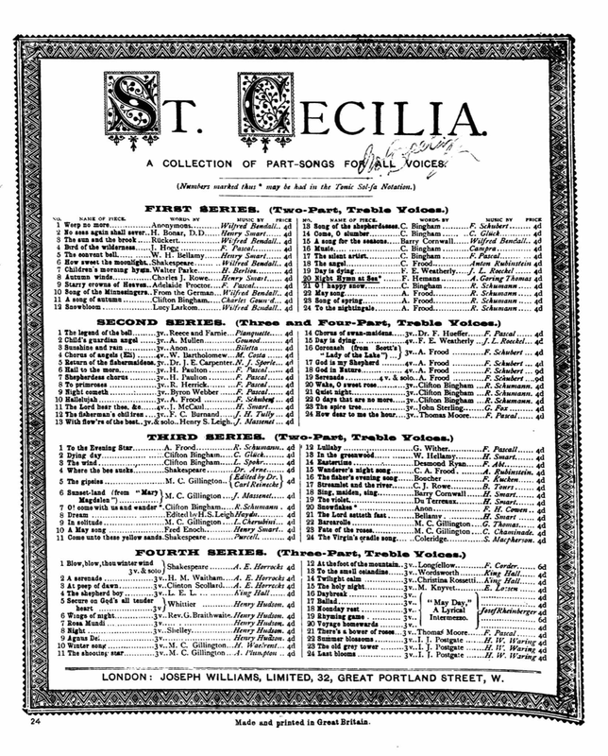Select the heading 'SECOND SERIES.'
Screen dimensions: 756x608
199,323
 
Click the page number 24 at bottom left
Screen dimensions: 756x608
32,723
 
